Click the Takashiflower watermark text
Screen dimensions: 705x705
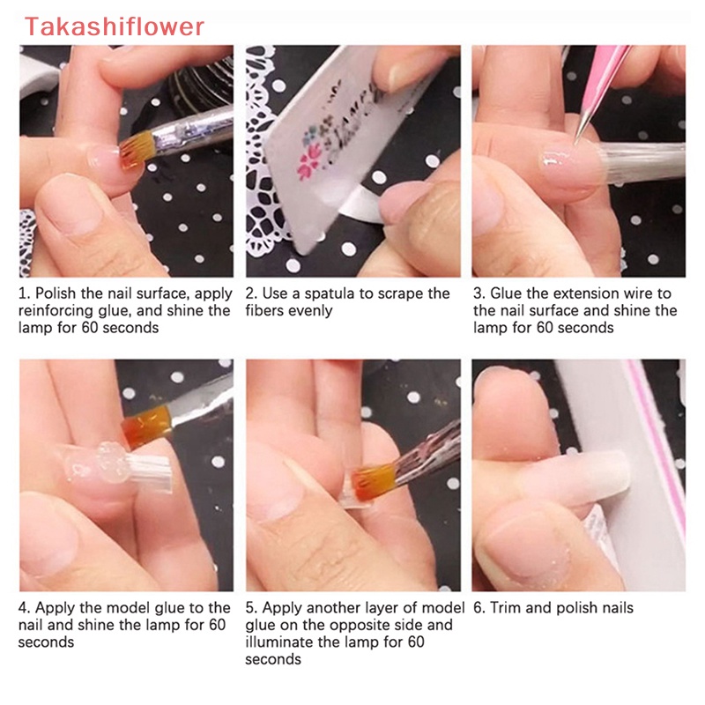(115, 26)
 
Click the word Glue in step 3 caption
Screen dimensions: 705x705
(507, 293)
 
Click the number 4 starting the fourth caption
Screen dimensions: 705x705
(24, 607)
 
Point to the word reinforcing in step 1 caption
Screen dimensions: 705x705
(56, 311)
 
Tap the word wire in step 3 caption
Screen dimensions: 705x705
(628, 293)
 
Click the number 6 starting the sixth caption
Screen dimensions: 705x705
(477, 607)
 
